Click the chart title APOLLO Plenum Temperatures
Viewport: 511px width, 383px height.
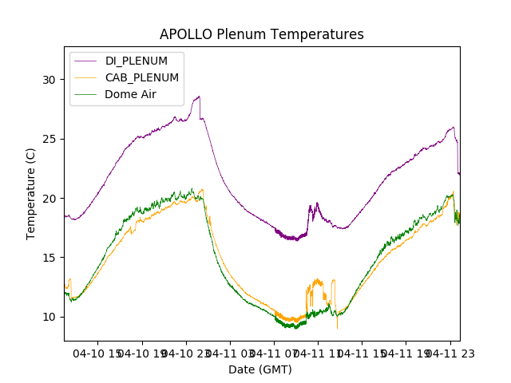(261, 34)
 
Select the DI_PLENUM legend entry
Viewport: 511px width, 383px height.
(137, 61)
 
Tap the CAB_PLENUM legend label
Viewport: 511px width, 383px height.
(142, 77)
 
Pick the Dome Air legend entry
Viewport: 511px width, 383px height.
(130, 94)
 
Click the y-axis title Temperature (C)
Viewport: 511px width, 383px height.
(31, 193)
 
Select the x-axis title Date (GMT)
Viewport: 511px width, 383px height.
(260, 369)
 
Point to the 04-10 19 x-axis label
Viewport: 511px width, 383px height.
(143, 353)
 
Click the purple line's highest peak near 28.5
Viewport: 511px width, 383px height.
(199, 97)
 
